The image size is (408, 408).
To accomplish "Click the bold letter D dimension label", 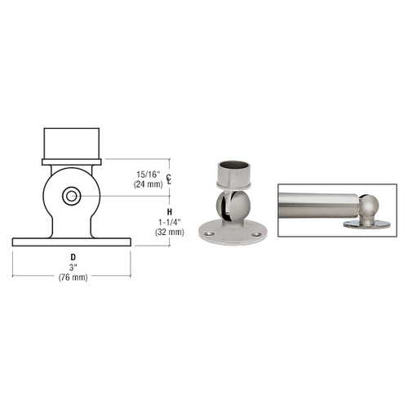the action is coord(73,257).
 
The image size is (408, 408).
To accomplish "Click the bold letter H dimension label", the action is coord(170,212).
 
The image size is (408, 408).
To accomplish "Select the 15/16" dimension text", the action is coord(149,175).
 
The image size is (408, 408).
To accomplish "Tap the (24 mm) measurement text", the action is coord(149,184).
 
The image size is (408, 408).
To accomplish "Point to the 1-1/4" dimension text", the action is coord(170,222).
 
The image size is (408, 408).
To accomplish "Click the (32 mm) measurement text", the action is coord(170,233).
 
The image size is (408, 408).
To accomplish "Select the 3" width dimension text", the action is coord(73,268).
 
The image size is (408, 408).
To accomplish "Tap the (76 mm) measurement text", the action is coord(73,277).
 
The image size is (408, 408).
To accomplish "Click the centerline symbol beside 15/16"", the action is coord(169,179).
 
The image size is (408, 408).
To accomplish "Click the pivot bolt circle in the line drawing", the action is coord(72,196).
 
